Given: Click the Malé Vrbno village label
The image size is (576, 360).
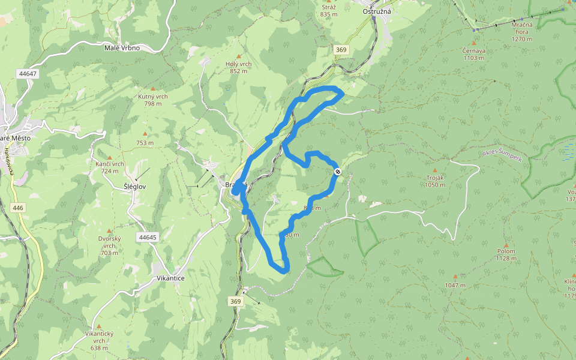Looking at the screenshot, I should coord(122,47).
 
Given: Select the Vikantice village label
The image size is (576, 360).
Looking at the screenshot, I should coord(170,278).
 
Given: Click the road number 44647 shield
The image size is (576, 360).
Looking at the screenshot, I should coord(28,74).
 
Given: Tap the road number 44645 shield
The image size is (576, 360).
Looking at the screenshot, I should coord(146,237).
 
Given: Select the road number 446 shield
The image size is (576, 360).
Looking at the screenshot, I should coord(18,208).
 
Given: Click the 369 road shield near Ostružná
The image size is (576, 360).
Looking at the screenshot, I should coord(341,50).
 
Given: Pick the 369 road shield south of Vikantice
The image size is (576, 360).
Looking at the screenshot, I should coord(235,301).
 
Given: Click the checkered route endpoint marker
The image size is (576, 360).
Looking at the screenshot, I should coord(338,172).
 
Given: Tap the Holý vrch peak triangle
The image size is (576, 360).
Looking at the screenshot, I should coord(238,56).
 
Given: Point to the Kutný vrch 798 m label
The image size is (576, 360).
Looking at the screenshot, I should coord(153,100).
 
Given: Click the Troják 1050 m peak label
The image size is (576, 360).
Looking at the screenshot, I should coord(435,181).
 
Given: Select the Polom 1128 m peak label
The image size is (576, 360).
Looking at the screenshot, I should coord(506,254).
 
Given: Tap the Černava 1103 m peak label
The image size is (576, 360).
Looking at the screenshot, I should coord(474,54).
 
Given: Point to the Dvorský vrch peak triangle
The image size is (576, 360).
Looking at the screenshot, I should coord(109,231).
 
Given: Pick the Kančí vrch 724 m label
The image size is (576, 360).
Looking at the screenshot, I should coord(110,167).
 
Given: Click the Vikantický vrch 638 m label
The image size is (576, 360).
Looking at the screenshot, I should coord(99,340).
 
